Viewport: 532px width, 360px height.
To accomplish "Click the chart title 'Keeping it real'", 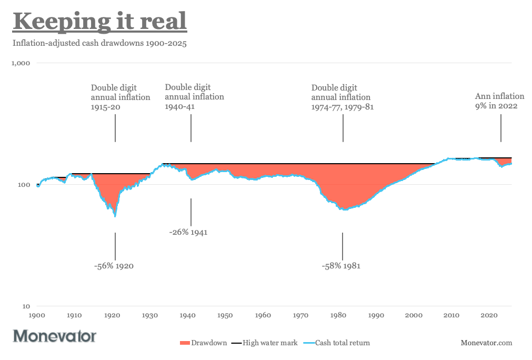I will [99, 22].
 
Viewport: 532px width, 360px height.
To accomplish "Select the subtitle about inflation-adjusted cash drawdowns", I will [99, 43].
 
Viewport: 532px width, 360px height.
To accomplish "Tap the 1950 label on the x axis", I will [225, 315].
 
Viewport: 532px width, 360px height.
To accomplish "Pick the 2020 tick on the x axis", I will [489, 315].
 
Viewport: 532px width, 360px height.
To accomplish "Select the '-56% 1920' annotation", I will [114, 266].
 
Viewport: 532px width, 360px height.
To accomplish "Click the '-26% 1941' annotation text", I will [188, 232].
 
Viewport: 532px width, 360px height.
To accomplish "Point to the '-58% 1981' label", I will [341, 266].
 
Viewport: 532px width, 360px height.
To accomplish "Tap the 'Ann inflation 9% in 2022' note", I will [499, 101].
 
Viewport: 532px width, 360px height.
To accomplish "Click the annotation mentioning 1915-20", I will [121, 97].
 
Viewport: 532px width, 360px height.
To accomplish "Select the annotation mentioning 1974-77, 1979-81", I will [342, 97].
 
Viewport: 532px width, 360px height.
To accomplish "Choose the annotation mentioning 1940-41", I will [194, 97].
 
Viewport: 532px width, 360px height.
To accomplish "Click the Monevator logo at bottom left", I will [55, 336].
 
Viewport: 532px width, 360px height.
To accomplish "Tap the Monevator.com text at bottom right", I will [486, 343].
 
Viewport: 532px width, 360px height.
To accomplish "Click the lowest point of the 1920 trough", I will [115, 216].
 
